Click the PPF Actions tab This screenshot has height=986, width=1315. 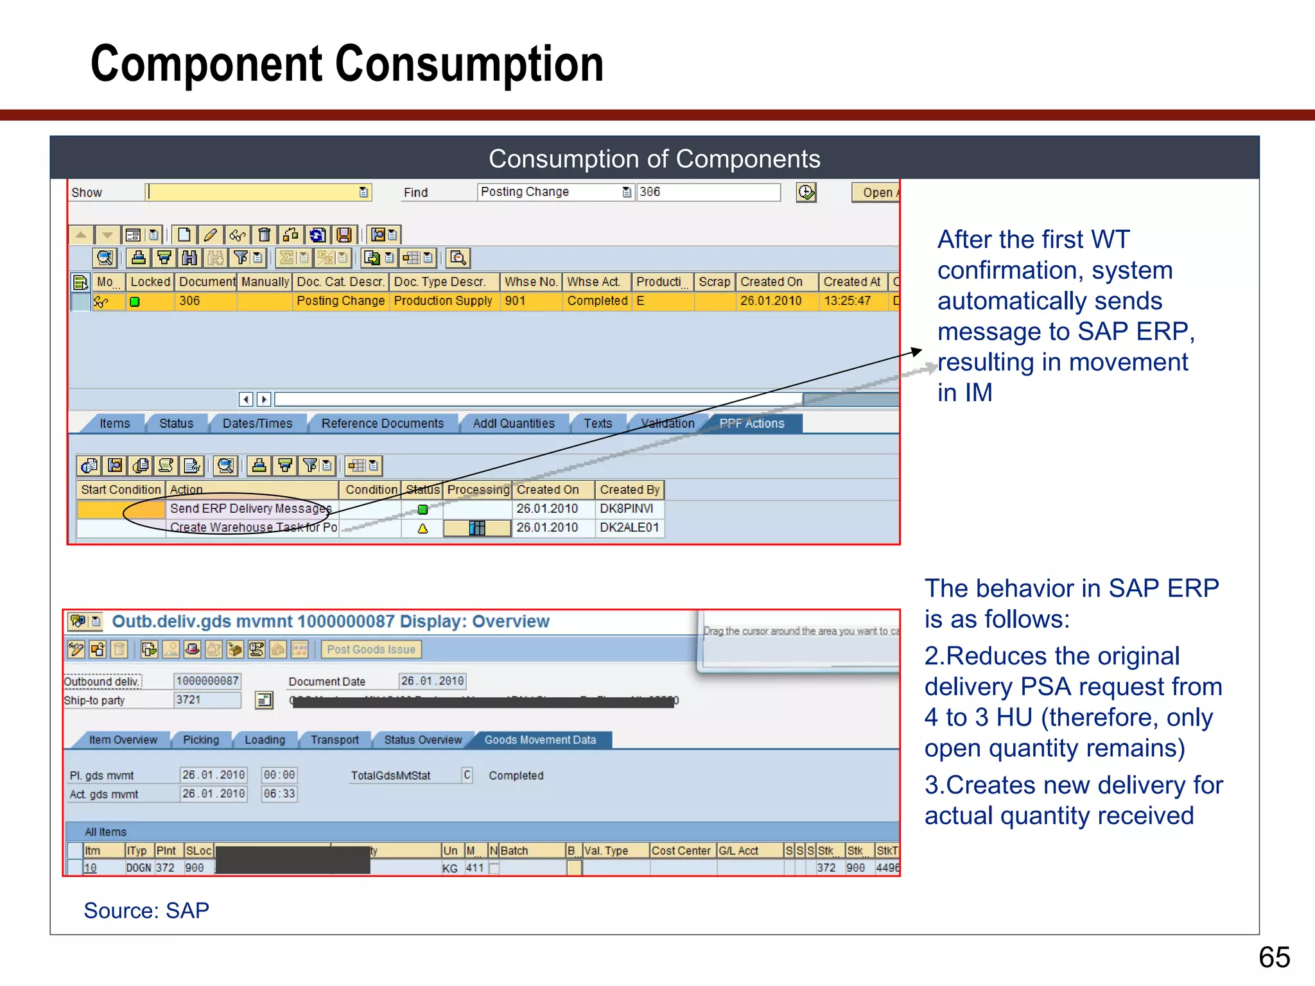pos(751,424)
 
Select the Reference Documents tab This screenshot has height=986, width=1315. pos(382,424)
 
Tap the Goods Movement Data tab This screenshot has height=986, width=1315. pos(540,740)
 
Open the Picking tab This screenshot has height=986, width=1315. pos(201,740)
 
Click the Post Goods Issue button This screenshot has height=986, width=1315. pos(371,650)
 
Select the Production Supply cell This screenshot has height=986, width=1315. pos(443,301)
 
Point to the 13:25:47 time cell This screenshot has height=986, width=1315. pos(847,301)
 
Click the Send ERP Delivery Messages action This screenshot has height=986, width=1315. pos(250,509)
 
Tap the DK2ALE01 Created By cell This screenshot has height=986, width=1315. pos(629,528)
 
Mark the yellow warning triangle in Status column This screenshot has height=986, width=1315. pos(422,529)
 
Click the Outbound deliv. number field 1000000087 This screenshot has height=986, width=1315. pos(207,681)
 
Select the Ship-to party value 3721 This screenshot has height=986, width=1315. pos(207,700)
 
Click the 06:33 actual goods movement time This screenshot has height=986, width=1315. pos(279,794)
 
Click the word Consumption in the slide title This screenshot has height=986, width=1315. pos(469,64)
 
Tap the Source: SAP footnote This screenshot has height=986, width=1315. pos(146,910)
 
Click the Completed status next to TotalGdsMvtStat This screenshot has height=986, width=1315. pos(516,775)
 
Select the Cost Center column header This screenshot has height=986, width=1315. pos(681,851)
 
